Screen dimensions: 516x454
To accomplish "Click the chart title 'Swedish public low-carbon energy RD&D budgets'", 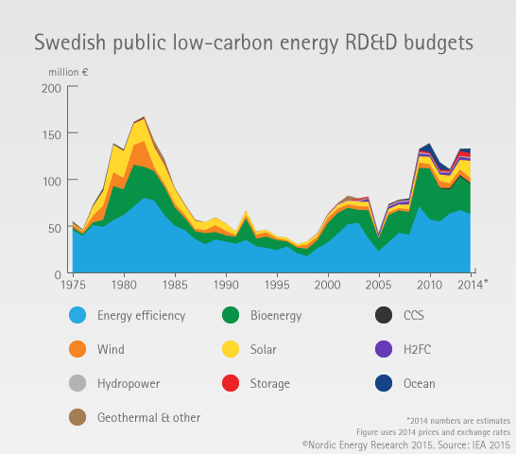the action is pyautogui.click(x=253, y=43).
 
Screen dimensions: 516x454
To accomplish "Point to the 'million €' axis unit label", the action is pyautogui.click(x=68, y=72).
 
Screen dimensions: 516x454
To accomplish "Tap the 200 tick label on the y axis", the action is pyautogui.click(x=51, y=88).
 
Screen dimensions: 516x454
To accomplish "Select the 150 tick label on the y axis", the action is pyautogui.click(x=52, y=134).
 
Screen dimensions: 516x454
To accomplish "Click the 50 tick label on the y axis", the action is pyautogui.click(x=55, y=228).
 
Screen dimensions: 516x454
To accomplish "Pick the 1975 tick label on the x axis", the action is pyautogui.click(x=73, y=285).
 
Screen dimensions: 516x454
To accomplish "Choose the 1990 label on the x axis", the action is pyautogui.click(x=226, y=285).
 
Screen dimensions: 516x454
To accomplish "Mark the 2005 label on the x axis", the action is pyautogui.click(x=378, y=285).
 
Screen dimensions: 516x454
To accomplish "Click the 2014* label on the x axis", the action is pyautogui.click(x=473, y=285).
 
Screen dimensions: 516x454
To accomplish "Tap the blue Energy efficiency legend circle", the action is pyautogui.click(x=77, y=315).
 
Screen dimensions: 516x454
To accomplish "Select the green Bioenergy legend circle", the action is pyautogui.click(x=231, y=315).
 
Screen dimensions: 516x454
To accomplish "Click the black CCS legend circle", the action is pyautogui.click(x=384, y=315).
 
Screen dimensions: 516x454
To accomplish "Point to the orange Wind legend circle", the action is pyautogui.click(x=77, y=349).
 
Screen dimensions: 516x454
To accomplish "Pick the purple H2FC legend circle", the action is pyautogui.click(x=384, y=349).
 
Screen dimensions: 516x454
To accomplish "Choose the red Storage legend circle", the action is pyautogui.click(x=231, y=383).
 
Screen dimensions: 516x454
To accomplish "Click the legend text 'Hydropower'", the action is pyautogui.click(x=129, y=384).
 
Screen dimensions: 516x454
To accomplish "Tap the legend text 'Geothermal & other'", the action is pyautogui.click(x=148, y=417).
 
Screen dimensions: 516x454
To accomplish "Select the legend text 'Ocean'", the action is pyautogui.click(x=420, y=383).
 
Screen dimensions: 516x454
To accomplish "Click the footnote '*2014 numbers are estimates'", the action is pyautogui.click(x=458, y=421).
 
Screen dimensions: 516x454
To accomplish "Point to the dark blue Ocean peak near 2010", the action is pyautogui.click(x=429, y=148).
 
